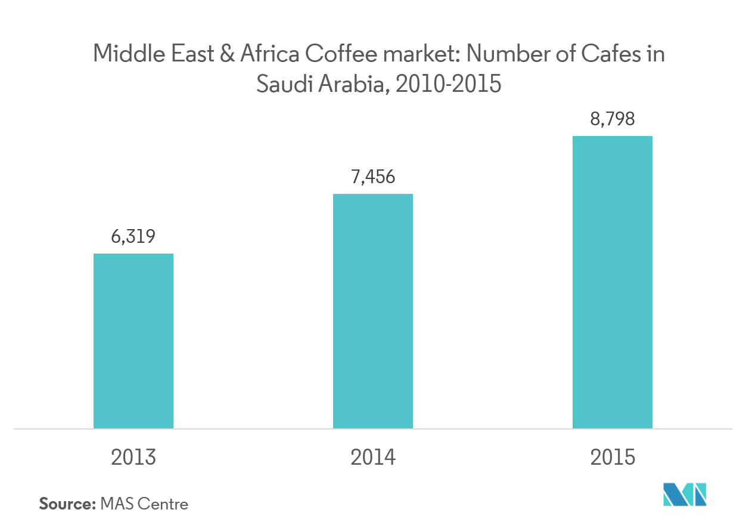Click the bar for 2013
[133, 341]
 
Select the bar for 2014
[372, 311]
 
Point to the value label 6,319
[133, 237]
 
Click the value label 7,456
[372, 177]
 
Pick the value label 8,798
[612, 119]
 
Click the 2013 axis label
[133, 458]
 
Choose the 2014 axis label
[372, 458]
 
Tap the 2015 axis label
[613, 458]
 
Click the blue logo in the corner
[685, 494]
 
